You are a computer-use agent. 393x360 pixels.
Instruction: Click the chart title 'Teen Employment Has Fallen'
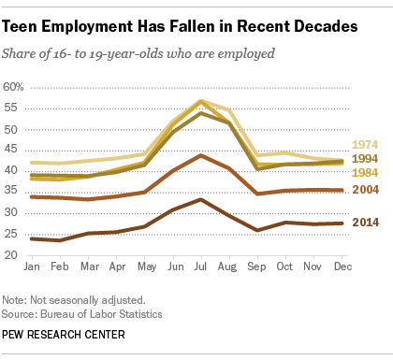click(183, 28)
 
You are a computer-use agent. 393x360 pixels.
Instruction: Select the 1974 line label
click(365, 145)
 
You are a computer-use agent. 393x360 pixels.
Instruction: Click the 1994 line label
click(365, 160)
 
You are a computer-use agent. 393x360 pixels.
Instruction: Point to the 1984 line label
click(365, 174)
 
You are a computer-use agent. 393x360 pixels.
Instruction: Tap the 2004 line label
click(365, 191)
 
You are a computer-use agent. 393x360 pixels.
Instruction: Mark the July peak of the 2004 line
click(198, 155)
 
